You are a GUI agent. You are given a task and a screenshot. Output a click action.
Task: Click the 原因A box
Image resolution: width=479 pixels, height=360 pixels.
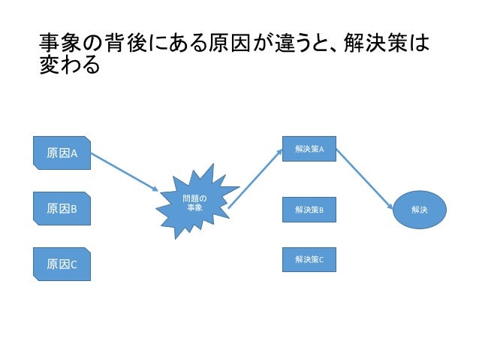coord(63,153)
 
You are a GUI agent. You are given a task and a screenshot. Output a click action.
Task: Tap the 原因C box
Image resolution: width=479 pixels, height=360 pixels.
coord(63,264)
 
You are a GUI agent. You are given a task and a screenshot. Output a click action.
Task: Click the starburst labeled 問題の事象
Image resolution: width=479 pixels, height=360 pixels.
coord(194,201)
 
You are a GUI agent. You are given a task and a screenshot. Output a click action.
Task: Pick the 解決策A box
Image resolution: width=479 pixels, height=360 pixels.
coord(309,150)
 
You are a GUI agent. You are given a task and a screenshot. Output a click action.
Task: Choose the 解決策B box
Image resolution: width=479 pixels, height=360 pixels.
coord(309,210)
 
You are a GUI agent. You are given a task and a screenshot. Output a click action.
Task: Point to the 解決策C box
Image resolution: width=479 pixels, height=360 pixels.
coord(309,259)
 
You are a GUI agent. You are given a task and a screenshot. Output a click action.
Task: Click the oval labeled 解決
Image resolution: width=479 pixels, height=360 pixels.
coord(420,210)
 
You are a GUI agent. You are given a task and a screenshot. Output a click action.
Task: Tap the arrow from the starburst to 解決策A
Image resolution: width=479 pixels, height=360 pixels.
coord(255,177)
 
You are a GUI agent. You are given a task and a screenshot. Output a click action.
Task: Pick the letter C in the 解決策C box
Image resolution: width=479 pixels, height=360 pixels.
coord(321,259)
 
